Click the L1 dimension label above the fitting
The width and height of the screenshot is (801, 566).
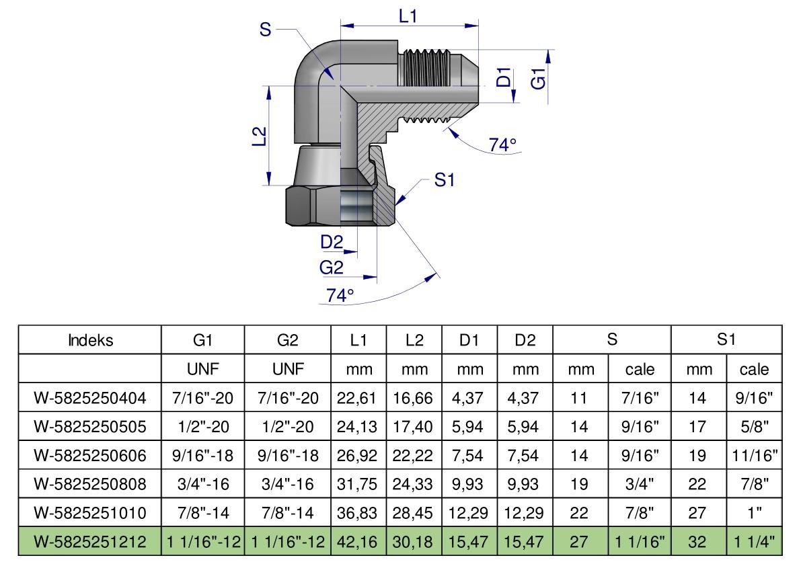(408, 17)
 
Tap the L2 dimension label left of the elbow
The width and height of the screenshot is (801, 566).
(260, 136)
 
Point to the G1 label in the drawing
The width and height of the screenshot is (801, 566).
(538, 79)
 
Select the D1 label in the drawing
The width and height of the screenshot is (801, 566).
(503, 77)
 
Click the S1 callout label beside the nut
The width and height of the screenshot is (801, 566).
(444, 179)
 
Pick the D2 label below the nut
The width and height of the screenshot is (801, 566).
(332, 241)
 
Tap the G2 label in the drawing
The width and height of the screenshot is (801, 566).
(331, 267)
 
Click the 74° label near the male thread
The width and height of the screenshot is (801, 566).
(502, 145)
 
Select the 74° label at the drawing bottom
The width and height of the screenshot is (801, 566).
(340, 295)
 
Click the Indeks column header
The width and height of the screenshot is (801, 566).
(90, 340)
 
